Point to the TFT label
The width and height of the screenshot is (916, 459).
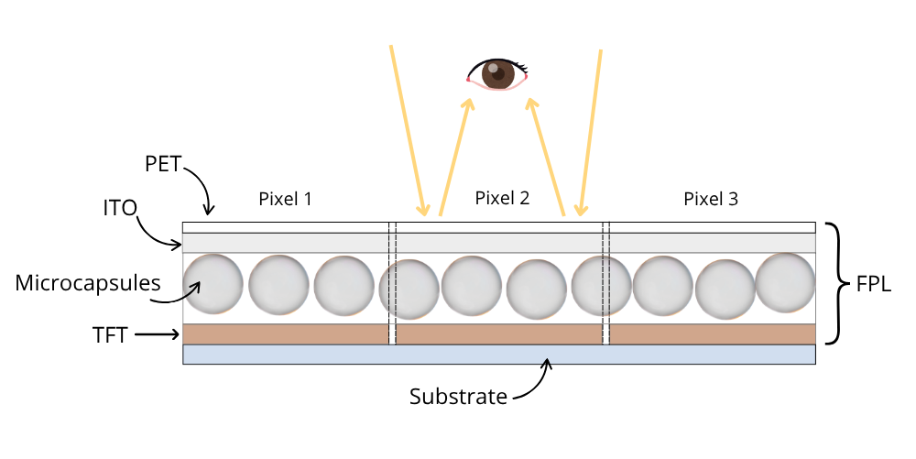[112, 335]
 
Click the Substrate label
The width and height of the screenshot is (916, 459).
[458, 397]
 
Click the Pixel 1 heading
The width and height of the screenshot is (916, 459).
[286, 199]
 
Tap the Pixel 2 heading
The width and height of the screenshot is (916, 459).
[503, 198]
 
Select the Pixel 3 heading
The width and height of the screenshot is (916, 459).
[711, 199]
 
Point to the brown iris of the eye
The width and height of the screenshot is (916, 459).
[498, 73]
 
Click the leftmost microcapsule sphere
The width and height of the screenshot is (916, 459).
[213, 285]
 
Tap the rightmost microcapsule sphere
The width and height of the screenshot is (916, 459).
[785, 281]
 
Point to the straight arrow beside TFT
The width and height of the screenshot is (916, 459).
[158, 335]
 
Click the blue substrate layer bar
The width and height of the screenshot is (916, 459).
[499, 355]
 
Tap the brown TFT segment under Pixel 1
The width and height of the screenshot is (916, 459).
[286, 334]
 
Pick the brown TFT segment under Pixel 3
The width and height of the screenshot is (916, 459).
[713, 334]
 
